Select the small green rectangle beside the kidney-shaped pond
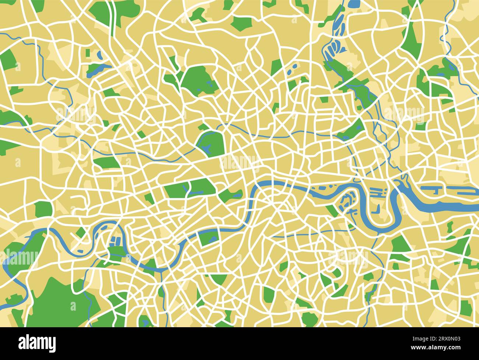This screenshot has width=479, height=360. click(88, 53)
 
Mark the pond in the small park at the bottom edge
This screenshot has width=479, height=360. click(146, 322)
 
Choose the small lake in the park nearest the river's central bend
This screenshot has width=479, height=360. click(235, 194)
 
